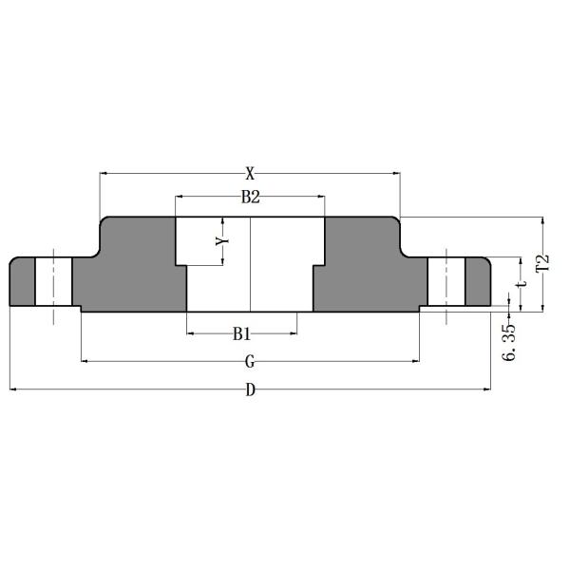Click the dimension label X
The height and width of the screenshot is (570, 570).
[x=250, y=173]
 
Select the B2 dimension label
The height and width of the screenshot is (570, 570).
[x=250, y=198]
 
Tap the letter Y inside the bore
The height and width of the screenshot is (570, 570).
[x=222, y=241]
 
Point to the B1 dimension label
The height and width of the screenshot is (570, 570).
[x=241, y=333]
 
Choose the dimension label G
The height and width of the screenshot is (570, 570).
[x=250, y=362]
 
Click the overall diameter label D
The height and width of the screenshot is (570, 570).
[x=250, y=389]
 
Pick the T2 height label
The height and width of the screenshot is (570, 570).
[x=543, y=263]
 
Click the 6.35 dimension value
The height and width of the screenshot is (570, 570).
[x=509, y=341]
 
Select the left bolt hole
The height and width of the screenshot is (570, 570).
[x=54, y=281]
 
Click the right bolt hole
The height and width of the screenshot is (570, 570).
[x=446, y=281]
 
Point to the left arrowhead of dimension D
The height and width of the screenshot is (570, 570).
[x=13, y=388]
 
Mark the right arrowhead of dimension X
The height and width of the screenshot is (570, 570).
[x=396, y=173]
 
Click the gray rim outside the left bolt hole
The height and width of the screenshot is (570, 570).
[x=22, y=281]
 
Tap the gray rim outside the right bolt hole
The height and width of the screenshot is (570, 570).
[x=478, y=281]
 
